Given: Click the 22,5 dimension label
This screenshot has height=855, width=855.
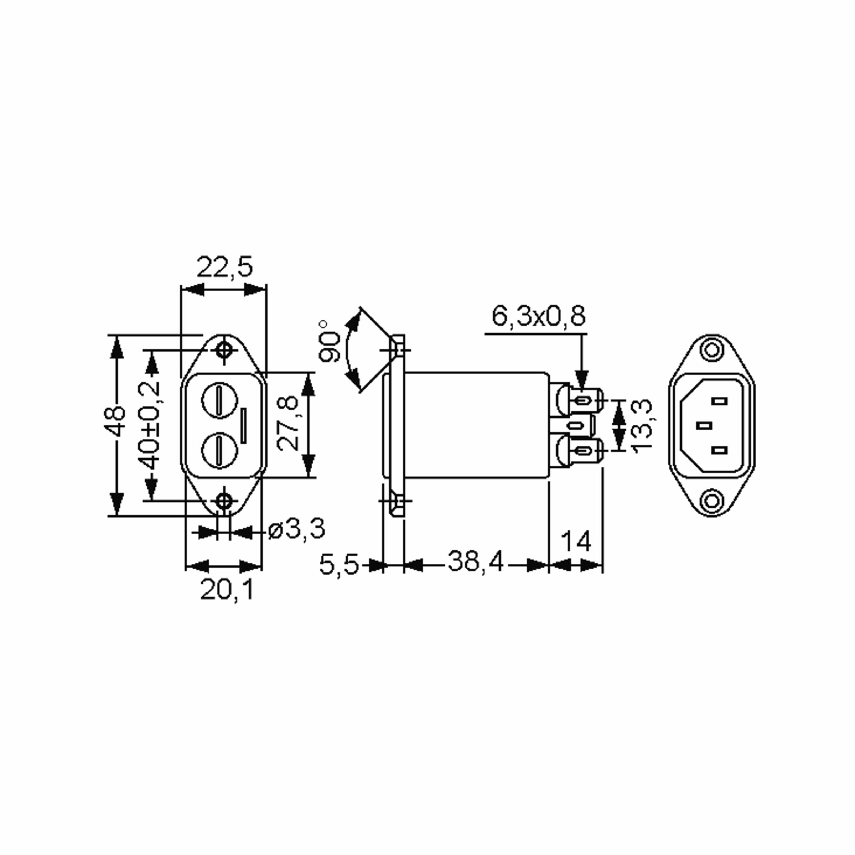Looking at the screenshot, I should pyautogui.click(x=224, y=267).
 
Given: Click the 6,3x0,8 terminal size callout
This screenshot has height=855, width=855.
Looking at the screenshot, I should pyautogui.click(x=538, y=316).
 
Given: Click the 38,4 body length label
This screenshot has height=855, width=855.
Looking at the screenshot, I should pyautogui.click(x=476, y=561).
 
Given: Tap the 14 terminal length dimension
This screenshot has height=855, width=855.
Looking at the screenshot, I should pyautogui.click(x=576, y=541).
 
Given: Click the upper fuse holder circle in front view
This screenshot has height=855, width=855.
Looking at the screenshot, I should pyautogui.click(x=220, y=401).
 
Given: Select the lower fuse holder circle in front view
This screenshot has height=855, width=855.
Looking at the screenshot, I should pyautogui.click(x=219, y=449).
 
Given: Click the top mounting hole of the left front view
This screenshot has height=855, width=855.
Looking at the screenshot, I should pyautogui.click(x=224, y=351).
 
